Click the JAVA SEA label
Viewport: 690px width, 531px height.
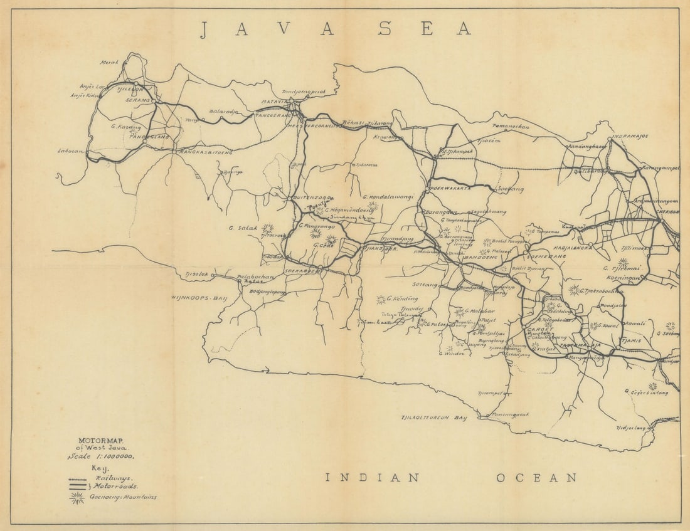336,29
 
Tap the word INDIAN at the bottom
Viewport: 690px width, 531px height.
373,478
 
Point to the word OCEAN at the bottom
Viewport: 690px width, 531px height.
536,478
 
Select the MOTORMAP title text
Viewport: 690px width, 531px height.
101,440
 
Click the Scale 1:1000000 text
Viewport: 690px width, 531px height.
101,457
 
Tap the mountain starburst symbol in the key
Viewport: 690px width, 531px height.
77,498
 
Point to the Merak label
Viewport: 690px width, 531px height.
109,62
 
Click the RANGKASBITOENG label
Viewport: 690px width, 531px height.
205,152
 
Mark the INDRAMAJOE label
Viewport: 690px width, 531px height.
630,136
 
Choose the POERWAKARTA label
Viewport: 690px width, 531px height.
450,188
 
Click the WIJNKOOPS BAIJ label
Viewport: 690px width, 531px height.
198,297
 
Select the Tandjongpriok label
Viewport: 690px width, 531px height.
304,91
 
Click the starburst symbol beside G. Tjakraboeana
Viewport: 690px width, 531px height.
574,290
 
